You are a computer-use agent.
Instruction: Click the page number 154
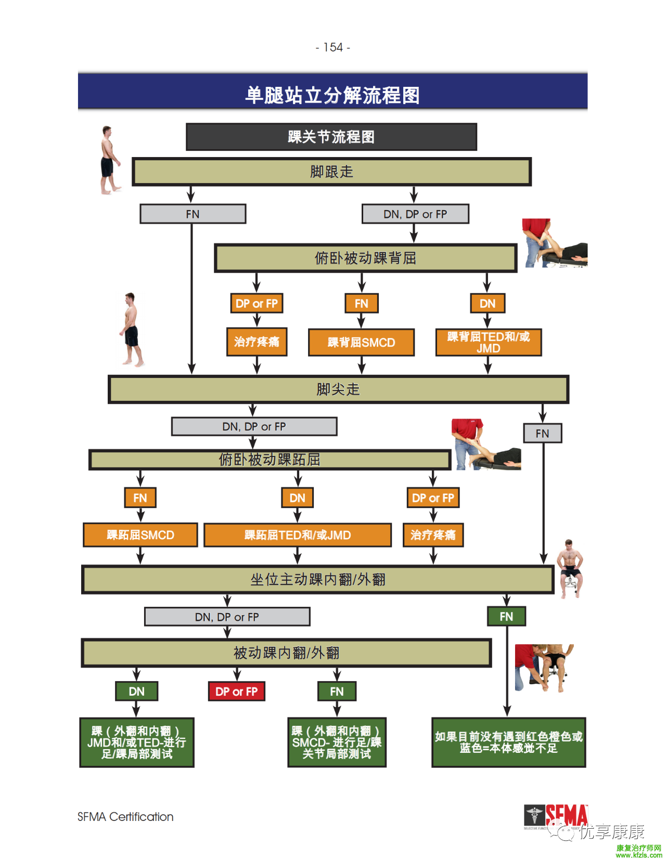(333, 47)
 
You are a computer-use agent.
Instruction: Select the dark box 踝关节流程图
(331, 137)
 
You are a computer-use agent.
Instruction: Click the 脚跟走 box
(331, 172)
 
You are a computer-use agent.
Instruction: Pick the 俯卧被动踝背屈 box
(365, 258)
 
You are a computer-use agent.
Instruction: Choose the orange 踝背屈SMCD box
(361, 342)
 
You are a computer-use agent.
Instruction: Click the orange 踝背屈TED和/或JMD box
(488, 342)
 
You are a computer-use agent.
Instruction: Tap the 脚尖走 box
(338, 389)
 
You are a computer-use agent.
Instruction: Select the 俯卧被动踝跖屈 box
(270, 460)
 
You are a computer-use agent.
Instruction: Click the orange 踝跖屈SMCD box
(140, 535)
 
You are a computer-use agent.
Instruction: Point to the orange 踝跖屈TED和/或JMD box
(298, 535)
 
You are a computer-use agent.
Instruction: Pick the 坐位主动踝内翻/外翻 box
(317, 579)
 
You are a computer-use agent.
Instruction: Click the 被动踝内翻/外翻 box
(286, 653)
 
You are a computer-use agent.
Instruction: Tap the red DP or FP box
(237, 692)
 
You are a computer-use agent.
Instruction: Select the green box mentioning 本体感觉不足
(508, 742)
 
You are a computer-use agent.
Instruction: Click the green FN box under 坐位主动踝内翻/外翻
(506, 617)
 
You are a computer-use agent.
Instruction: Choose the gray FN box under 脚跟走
(193, 214)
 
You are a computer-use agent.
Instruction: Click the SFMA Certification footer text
(125, 817)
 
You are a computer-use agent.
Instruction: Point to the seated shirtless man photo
(570, 568)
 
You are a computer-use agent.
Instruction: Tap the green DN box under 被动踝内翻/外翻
(136, 692)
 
